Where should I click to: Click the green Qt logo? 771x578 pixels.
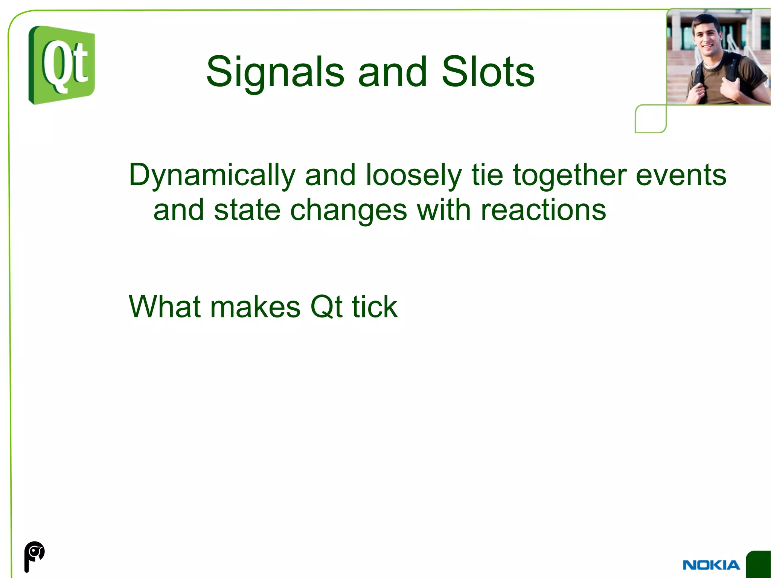pos(62,65)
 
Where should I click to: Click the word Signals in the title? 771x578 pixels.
pos(275,72)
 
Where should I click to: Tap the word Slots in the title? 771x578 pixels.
pos(488,72)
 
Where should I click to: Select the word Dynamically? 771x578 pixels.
pos(212,175)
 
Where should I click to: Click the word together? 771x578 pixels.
pos(570,175)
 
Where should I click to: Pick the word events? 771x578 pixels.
pos(681,175)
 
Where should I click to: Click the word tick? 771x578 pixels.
pos(375,307)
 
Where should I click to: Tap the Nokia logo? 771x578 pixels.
pos(711,565)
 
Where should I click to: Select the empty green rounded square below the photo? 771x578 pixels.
pos(651,119)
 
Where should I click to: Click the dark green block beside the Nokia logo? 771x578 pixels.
pos(759,564)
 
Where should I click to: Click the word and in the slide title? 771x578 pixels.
pos(392,72)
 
